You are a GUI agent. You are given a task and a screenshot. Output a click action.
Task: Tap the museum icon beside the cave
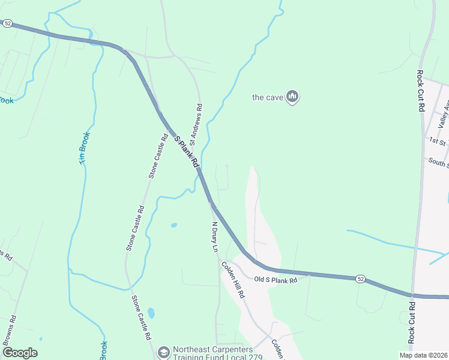pyautogui.click(x=292, y=97)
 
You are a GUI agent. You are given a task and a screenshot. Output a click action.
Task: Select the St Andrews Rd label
pyautogui.click(x=196, y=125)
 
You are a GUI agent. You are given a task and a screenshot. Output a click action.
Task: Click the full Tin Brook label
pyautogui.click(x=84, y=147)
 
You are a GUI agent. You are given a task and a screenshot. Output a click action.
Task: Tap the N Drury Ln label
pyautogui.click(x=214, y=237)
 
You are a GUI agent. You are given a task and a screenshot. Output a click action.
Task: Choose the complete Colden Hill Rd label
pyautogui.click(x=233, y=280)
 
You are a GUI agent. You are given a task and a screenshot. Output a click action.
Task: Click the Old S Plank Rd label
pyautogui.click(x=276, y=280)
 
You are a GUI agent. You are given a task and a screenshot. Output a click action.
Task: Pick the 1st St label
pyautogui.click(x=437, y=140)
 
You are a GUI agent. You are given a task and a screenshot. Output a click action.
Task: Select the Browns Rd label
pyautogui.click(x=8, y=330)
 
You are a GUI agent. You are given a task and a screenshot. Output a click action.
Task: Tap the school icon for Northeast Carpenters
pyautogui.click(x=163, y=352)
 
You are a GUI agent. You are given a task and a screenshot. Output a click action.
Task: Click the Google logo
pyautogui.click(x=20, y=352)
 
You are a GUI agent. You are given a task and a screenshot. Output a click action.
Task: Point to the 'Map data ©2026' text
pyautogui.click(x=423, y=355)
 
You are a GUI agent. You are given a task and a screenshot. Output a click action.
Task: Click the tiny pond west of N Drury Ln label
pyautogui.click(x=173, y=225)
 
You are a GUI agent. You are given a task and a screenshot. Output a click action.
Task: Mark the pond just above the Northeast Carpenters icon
pyautogui.click(x=151, y=313)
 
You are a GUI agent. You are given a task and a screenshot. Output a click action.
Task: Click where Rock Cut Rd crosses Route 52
pyautogui.click(x=413, y=295)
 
